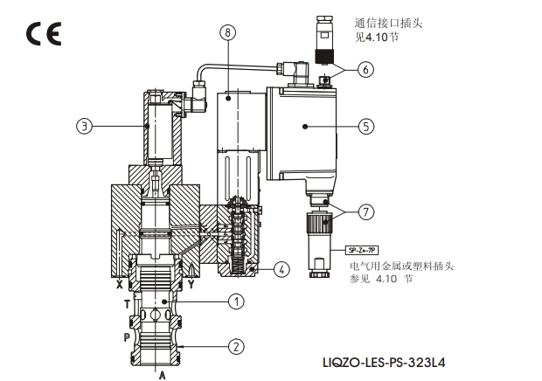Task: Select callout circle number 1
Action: point(235,301)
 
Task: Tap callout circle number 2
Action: point(235,346)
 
